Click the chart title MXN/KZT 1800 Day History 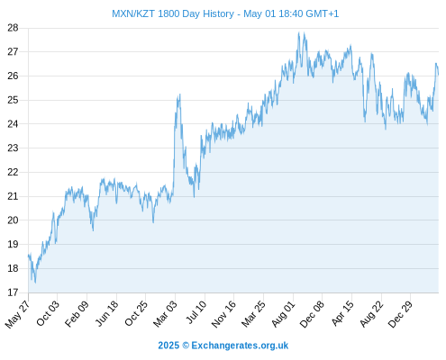173,13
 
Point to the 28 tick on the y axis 13,28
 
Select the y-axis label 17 13,292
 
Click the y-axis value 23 13,148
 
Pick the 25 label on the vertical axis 13,100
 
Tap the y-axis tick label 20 13,220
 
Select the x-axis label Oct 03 48,313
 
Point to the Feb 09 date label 77,313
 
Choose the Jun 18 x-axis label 106,313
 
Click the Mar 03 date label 165,313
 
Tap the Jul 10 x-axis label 196,311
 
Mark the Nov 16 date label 223,314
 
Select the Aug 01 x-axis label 283,313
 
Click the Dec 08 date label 312,314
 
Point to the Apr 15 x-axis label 342,313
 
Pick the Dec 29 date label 400,314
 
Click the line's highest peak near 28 299,32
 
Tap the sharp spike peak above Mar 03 179,94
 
